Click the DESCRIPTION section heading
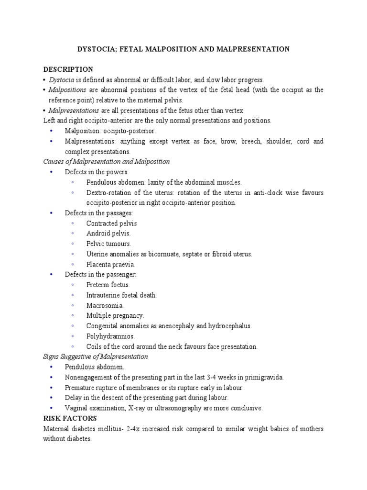click(68, 69)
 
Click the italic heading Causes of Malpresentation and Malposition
click(107, 161)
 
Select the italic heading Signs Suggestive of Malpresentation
click(96, 356)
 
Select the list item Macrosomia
click(105, 305)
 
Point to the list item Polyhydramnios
click(110, 336)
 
